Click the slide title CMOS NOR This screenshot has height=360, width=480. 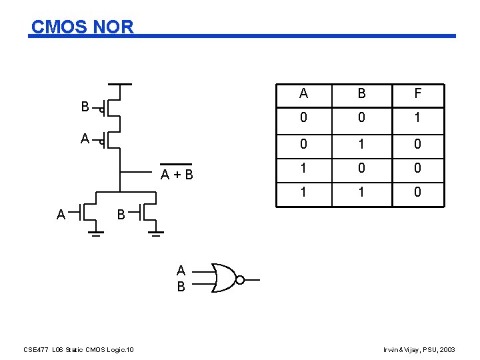click(x=83, y=27)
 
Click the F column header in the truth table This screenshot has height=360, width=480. click(x=417, y=93)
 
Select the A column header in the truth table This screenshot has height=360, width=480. click(x=303, y=93)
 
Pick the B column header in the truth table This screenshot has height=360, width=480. click(x=361, y=93)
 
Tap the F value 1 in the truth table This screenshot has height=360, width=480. click(x=417, y=119)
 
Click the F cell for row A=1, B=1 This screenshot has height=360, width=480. click(x=417, y=193)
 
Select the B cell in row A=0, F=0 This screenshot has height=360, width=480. click(x=361, y=143)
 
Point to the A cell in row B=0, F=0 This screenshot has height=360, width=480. click(x=303, y=168)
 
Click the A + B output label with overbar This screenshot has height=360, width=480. click(x=177, y=175)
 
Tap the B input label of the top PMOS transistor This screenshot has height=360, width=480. click(x=85, y=107)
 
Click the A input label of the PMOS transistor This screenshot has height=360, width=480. click(x=85, y=139)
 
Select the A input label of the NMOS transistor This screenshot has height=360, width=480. click(x=61, y=215)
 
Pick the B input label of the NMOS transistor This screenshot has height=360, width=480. click(x=121, y=215)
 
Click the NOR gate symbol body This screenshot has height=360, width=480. click(x=224, y=277)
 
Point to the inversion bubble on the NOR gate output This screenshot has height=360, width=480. click(x=240, y=279)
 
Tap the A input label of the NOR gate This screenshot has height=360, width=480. click(x=181, y=271)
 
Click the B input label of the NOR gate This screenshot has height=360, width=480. click(x=181, y=287)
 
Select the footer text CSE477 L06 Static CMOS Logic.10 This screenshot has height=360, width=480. click(x=78, y=349)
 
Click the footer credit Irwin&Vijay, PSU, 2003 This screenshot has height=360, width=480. click(x=419, y=349)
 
